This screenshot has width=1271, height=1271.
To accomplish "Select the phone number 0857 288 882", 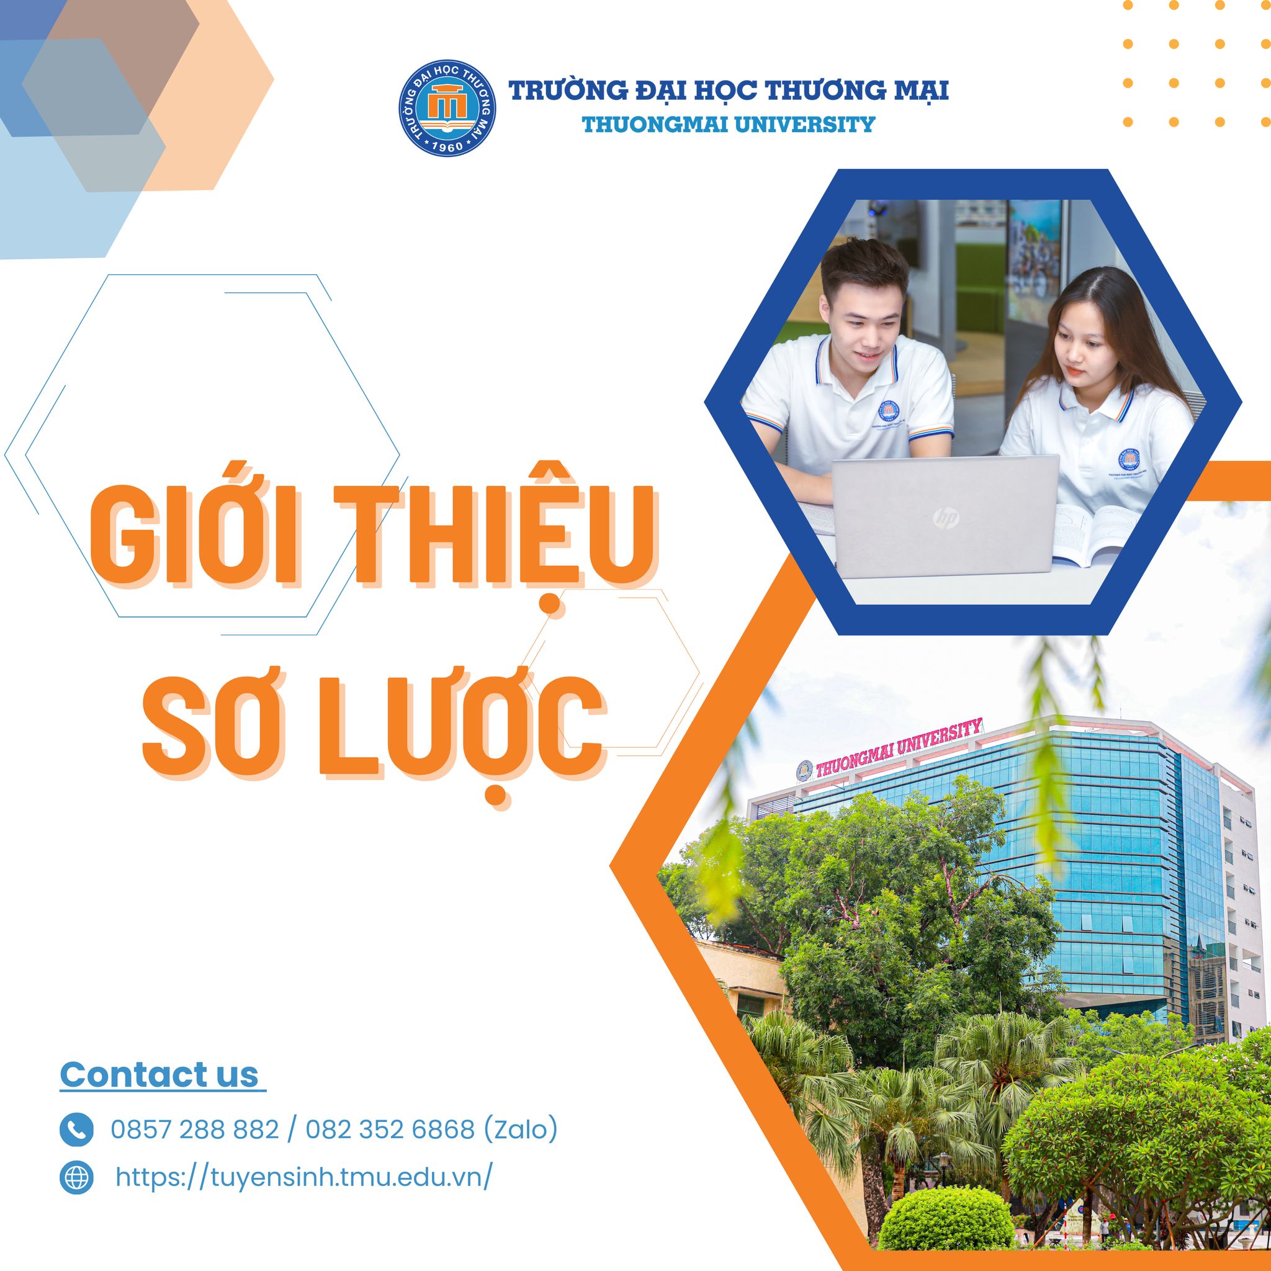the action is [x=195, y=1130].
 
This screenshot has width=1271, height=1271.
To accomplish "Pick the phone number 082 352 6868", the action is [x=390, y=1130].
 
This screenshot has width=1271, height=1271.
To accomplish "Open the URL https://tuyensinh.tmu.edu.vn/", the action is [x=303, y=1177].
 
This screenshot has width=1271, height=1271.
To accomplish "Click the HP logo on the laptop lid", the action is [x=946, y=520].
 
